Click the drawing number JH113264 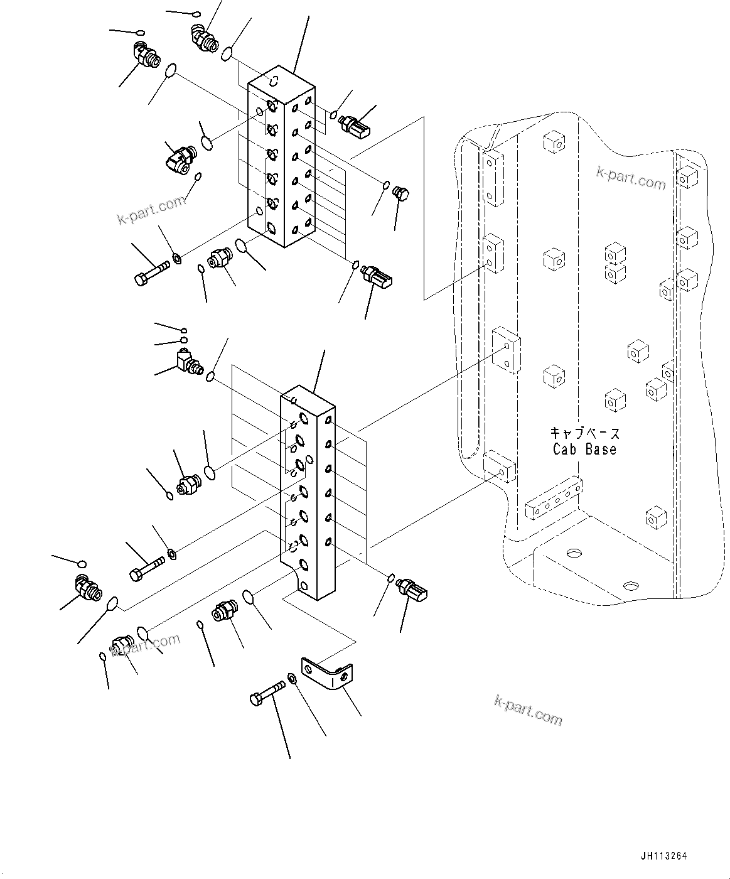[664, 855]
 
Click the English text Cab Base [584, 450]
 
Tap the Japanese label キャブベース [584, 433]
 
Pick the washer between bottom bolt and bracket [293, 679]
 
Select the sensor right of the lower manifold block [412, 589]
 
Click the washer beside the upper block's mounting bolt [177, 257]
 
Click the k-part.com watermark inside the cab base [630, 178]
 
